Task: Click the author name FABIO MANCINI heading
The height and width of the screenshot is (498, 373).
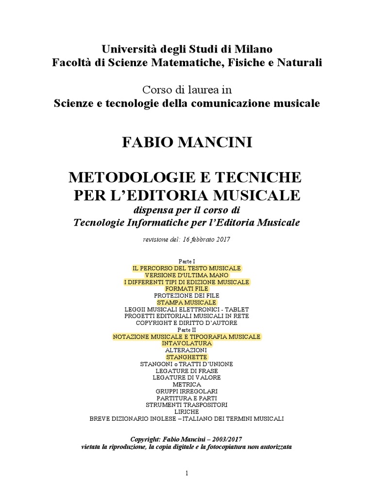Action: [186, 143]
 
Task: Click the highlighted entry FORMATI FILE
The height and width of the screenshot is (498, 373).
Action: [186, 289]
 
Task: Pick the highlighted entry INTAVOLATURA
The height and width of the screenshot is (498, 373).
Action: [186, 343]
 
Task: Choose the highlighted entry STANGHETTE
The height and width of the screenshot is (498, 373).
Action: [186, 357]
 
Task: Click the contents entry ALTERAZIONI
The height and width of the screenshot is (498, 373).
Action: [186, 350]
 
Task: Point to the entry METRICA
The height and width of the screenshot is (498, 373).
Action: [186, 384]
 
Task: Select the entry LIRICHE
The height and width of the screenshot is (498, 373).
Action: [186, 411]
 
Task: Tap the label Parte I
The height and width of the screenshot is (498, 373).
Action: [186, 261]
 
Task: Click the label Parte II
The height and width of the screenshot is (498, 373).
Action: [186, 329]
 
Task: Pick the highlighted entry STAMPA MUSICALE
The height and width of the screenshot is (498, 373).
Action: [186, 302]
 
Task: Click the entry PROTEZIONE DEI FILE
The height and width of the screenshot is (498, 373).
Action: [186, 296]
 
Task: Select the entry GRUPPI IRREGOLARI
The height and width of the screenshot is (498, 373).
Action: [186, 391]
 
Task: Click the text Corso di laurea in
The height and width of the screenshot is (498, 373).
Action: [186, 89]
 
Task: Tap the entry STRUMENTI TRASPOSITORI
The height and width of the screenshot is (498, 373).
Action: [186, 405]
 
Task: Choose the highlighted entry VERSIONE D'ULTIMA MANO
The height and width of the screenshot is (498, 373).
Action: [186, 275]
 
